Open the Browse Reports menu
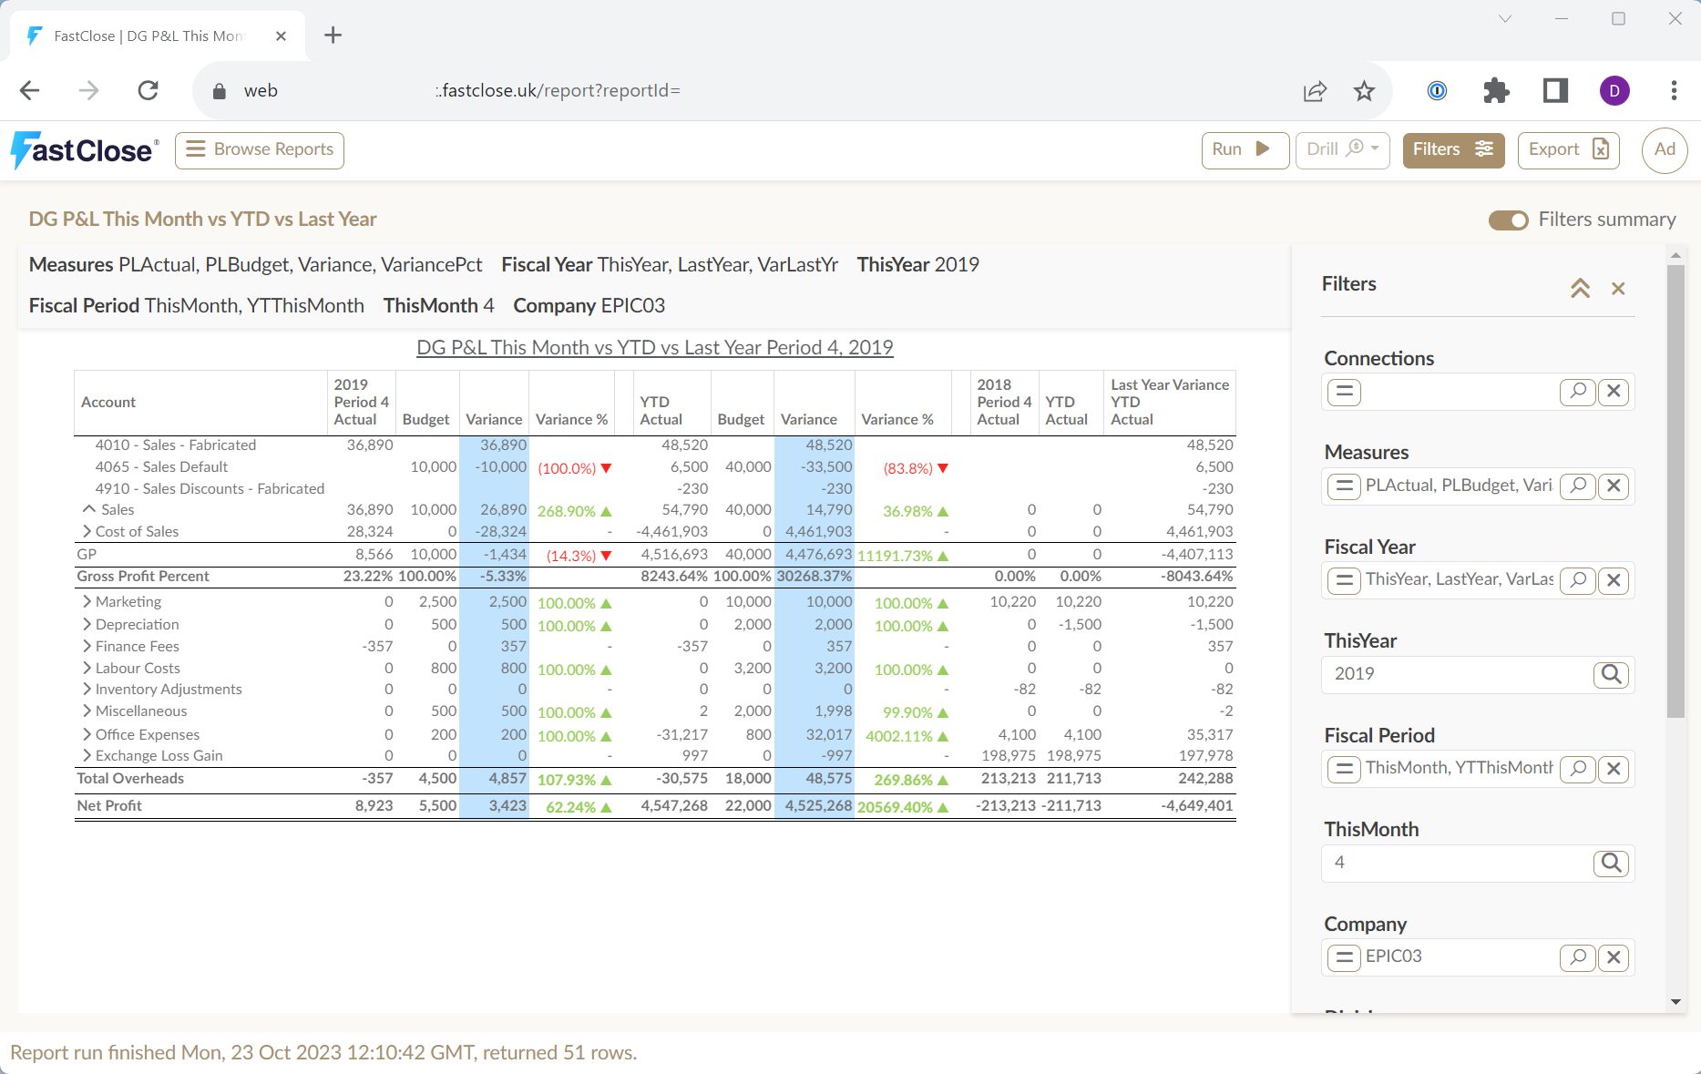(x=260, y=149)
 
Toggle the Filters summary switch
(x=1509, y=220)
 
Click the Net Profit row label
(x=109, y=805)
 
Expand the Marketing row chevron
(x=87, y=601)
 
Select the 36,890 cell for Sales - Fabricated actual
(x=370, y=445)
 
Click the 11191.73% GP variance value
(x=895, y=556)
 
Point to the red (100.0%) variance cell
(x=567, y=468)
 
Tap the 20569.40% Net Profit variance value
(x=895, y=807)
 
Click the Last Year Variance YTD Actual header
(x=1170, y=402)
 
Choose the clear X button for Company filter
(x=1614, y=957)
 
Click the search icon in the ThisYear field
(x=1611, y=674)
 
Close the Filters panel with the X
(x=1618, y=289)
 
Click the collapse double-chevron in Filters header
(x=1580, y=289)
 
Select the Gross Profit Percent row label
(x=143, y=576)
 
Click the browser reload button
(x=148, y=90)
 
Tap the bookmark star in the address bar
(x=1364, y=90)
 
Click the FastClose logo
(x=85, y=150)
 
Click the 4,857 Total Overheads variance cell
(x=507, y=778)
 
